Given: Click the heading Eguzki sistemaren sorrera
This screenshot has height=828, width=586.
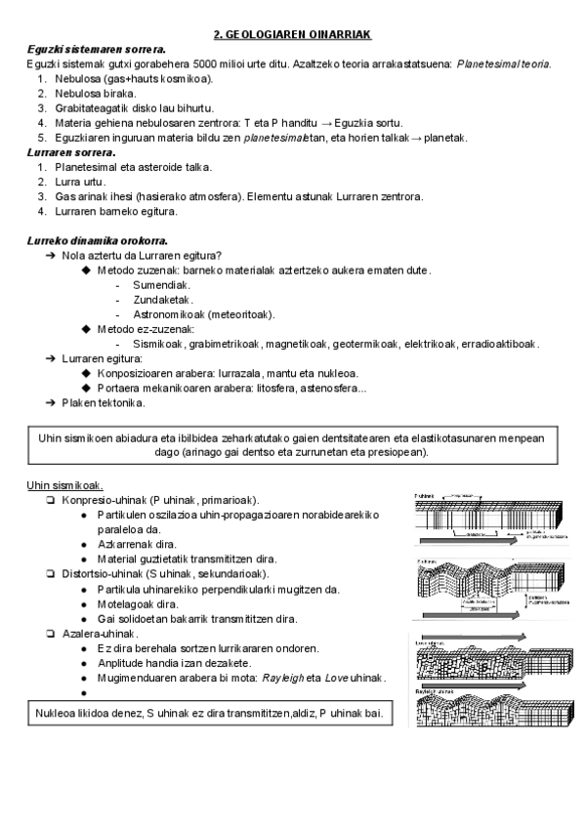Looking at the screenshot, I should point(95,49).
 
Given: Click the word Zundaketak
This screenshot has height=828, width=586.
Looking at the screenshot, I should point(163,299).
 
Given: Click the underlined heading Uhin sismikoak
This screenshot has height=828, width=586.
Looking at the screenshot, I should point(65,485).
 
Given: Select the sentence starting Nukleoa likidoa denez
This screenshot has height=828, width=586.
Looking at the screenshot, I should point(207,714).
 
